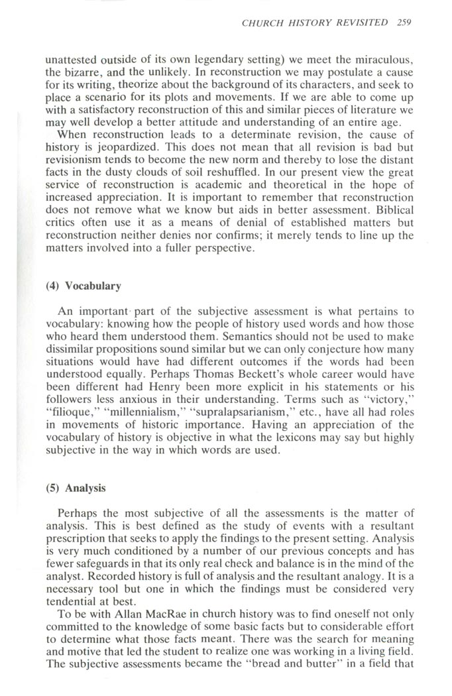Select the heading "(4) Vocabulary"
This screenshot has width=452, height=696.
(93, 286)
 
